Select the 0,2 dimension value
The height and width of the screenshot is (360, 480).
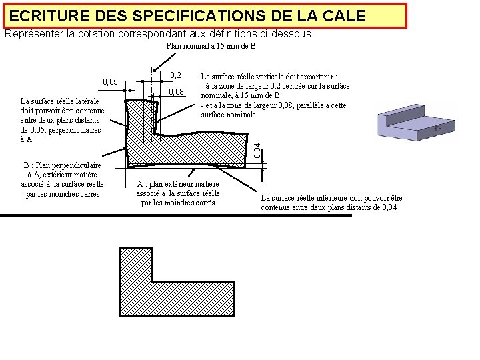point(176,75)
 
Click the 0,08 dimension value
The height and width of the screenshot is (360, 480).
point(176,91)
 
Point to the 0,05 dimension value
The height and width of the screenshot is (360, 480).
point(110,82)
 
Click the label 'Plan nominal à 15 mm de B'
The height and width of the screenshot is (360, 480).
point(211,47)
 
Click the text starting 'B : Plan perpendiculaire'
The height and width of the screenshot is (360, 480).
point(62,179)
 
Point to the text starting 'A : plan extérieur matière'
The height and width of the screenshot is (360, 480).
point(178,193)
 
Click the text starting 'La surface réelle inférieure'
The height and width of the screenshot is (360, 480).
point(331,203)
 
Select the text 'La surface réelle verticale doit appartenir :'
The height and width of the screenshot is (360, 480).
point(273,76)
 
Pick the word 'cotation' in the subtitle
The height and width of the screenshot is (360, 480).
point(89,33)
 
